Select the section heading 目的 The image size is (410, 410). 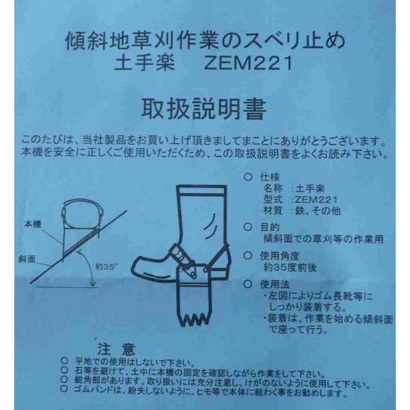(272, 227)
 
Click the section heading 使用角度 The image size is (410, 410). (282, 254)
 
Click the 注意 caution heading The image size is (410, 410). (116, 350)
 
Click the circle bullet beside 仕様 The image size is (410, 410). (247, 176)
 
